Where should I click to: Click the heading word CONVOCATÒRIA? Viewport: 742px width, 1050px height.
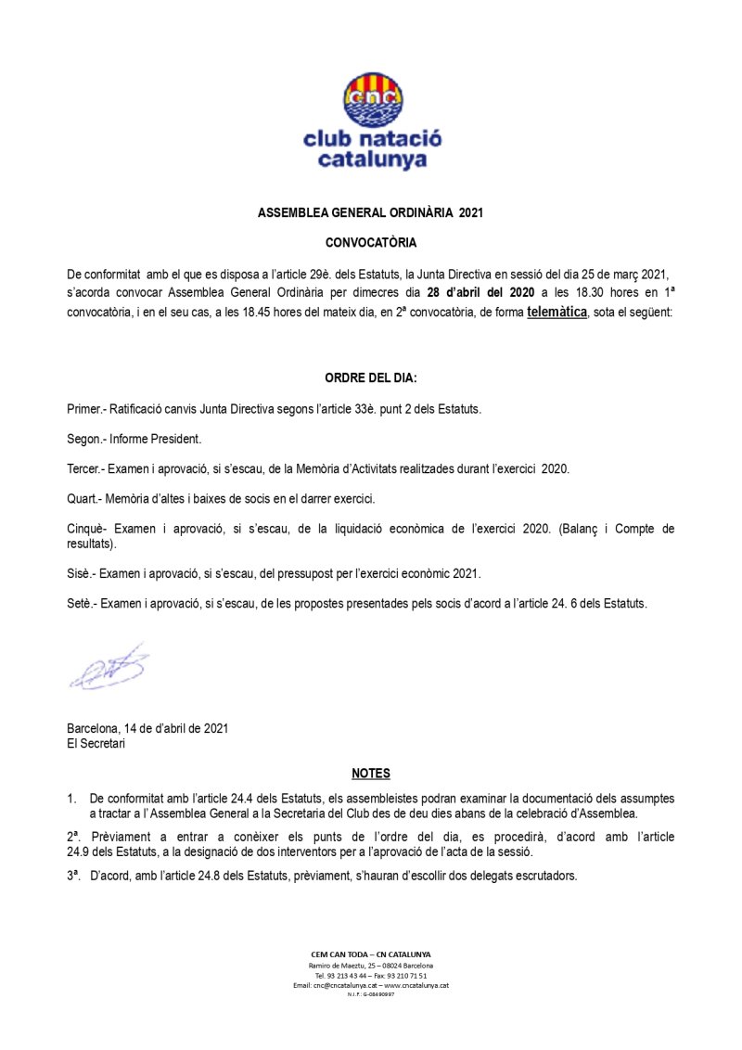pos(371,243)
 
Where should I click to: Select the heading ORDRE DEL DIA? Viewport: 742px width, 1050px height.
pos(371,378)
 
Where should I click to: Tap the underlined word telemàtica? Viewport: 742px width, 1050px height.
pos(556,313)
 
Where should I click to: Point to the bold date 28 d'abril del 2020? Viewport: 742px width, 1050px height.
pos(480,293)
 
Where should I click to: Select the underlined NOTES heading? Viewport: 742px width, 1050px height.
pos(371,774)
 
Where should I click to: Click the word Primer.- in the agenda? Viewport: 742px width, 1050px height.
pos(89,408)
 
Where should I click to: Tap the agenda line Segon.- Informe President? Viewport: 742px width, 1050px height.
pos(134,439)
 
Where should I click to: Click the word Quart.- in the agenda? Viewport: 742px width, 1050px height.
pos(86,499)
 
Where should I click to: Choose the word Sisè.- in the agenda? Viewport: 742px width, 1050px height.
pos(83,573)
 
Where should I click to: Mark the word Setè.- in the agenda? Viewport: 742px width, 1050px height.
pos(83,603)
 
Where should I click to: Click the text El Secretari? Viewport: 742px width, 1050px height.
pos(96,742)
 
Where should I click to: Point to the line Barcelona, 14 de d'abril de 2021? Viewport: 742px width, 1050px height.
pos(147,728)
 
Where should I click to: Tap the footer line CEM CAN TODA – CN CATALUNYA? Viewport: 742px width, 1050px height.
pos(371,954)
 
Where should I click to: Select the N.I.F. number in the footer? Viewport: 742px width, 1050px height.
pos(371,994)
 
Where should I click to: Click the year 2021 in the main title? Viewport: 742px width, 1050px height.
pos(471,212)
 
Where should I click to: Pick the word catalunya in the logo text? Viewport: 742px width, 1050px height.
pos(372,160)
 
